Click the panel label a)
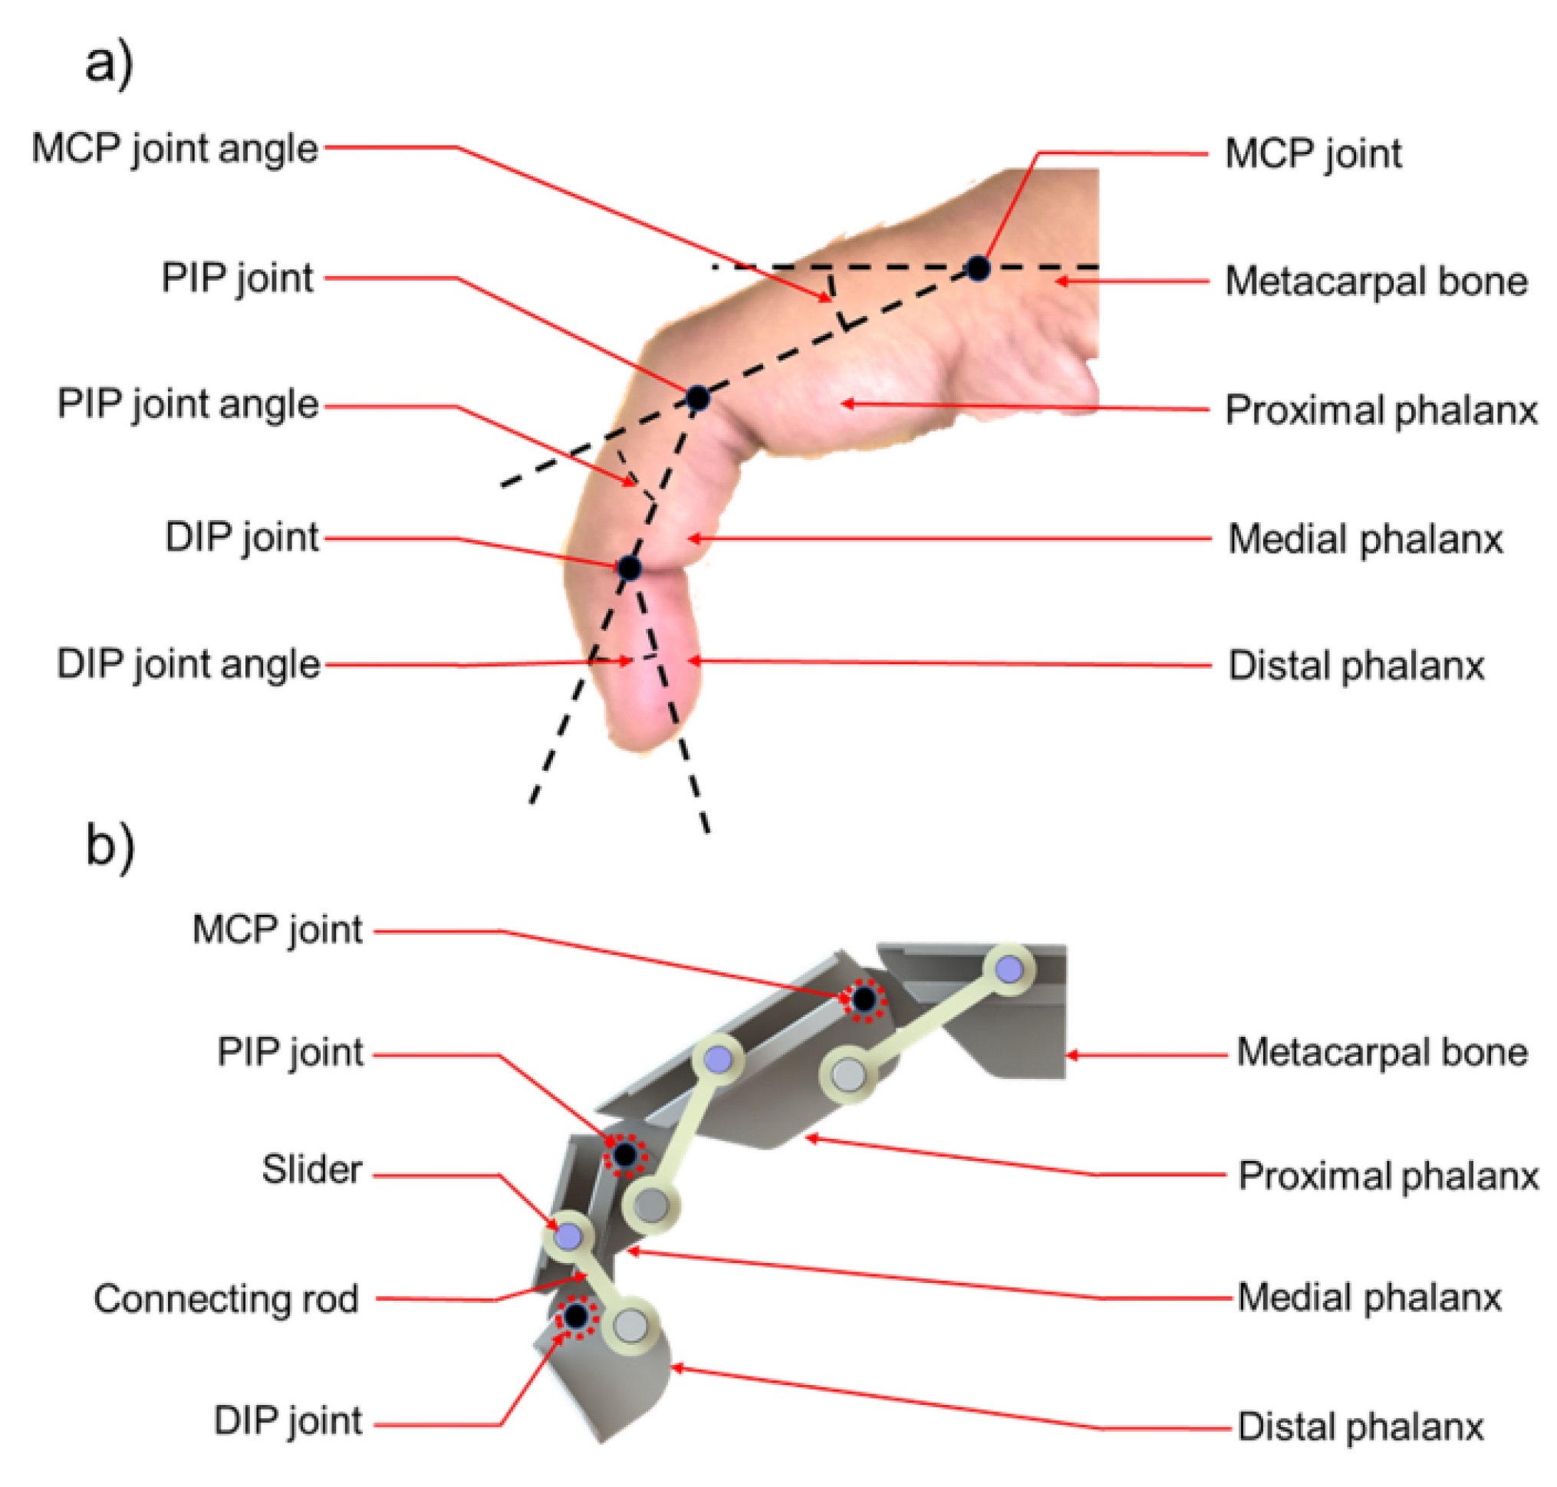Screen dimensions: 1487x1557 point(109,64)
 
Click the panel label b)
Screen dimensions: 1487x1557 point(110,846)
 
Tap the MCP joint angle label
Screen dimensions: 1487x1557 point(174,148)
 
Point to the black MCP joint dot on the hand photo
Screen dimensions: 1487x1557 point(977,268)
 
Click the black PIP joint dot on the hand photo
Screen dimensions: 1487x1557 point(697,397)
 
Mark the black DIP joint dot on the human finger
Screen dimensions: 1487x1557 point(629,567)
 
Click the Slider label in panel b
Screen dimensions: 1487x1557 point(311,1170)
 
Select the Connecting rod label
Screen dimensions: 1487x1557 point(226,1298)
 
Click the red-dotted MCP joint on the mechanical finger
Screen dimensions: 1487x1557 point(864,998)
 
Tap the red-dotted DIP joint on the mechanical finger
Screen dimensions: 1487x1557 point(575,1317)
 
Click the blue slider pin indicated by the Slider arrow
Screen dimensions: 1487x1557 point(568,1235)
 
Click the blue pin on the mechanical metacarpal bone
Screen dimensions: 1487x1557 point(1009,969)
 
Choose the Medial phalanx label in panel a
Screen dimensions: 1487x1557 point(1364,539)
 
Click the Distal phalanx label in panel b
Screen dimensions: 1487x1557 point(1360,1426)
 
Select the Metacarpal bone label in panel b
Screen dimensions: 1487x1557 point(1381,1052)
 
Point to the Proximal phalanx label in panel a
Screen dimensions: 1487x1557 point(1381,410)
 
